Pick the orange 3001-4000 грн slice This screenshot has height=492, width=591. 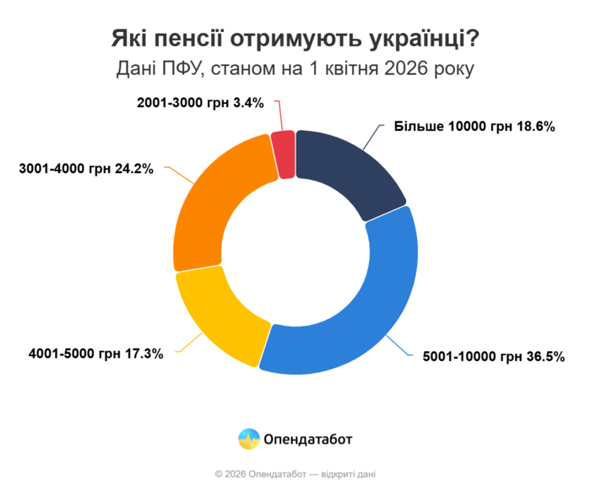coord(220,211)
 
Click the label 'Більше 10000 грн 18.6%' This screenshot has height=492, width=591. coord(474,127)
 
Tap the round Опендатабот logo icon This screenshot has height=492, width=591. coord(249,439)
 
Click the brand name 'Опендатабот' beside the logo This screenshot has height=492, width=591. coord(308,439)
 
